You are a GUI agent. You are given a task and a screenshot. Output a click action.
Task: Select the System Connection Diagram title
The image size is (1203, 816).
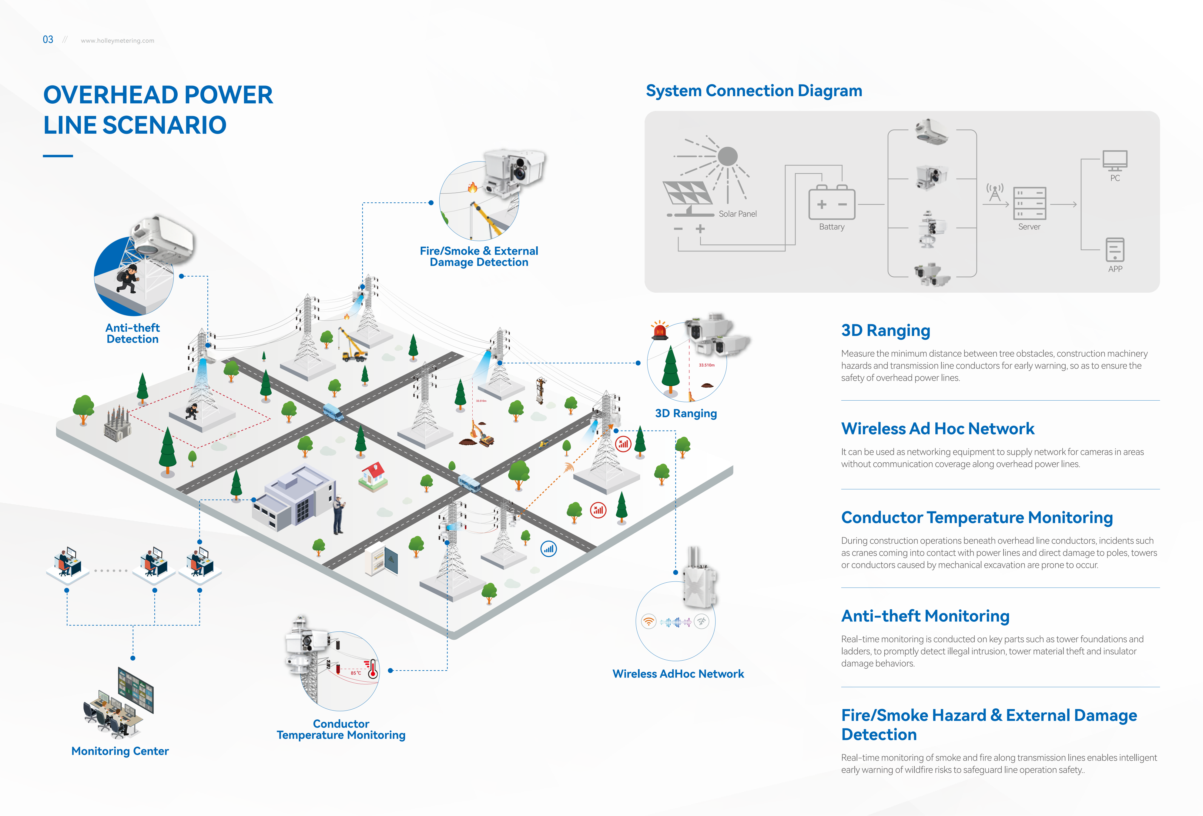[754, 91]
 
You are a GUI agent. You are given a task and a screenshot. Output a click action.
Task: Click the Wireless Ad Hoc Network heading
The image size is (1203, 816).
[937, 429]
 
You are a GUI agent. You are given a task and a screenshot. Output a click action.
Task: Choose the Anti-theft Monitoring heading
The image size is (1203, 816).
[925, 616]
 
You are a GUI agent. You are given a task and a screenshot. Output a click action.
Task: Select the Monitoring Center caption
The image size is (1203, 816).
[120, 751]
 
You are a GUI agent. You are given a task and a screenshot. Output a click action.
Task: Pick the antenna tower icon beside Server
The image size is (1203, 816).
[994, 192]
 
